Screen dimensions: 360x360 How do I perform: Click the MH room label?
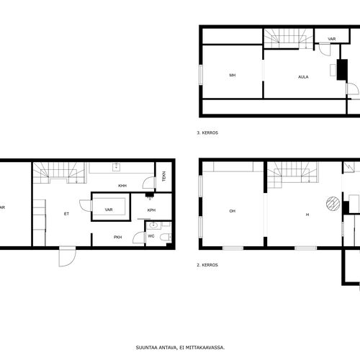(x=233, y=75)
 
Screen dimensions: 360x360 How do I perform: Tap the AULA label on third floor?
(x=303, y=77)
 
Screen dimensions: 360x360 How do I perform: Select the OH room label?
(x=232, y=211)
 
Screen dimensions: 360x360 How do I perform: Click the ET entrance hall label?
(x=66, y=214)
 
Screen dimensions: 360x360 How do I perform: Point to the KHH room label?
(x=122, y=186)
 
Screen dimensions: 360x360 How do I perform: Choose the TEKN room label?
(x=164, y=176)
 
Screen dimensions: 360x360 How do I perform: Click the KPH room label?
(x=151, y=210)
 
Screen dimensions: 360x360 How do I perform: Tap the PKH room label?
(x=117, y=237)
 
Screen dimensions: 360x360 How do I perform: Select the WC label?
(x=151, y=236)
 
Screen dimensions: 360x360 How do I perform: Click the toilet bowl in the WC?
(x=166, y=238)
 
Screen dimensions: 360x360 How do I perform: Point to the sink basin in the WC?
(x=153, y=225)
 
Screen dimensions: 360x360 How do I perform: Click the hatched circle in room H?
(x=333, y=204)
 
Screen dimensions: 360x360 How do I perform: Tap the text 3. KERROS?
(x=207, y=132)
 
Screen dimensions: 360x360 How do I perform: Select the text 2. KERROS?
(x=207, y=265)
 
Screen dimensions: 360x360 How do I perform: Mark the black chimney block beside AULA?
(x=342, y=70)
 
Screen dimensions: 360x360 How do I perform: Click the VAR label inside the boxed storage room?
(x=109, y=210)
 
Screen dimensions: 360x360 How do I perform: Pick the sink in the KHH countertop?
(x=116, y=167)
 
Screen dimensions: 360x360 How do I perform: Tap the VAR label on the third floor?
(x=332, y=39)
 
